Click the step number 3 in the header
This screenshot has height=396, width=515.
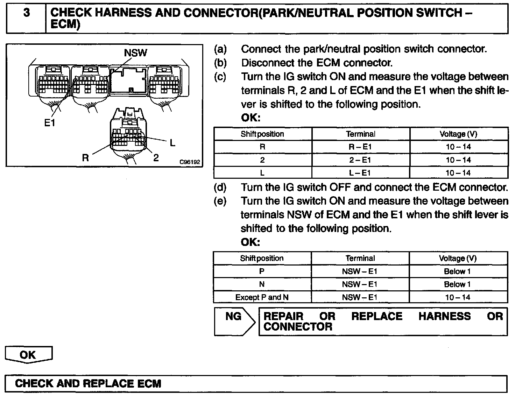[x=27, y=13]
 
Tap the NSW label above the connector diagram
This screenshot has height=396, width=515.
[x=135, y=53]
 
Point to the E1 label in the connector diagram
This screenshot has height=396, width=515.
[x=50, y=123]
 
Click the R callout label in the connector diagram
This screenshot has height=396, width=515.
[x=85, y=158]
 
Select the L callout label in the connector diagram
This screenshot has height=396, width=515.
[x=172, y=143]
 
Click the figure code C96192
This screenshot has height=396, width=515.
[x=189, y=162]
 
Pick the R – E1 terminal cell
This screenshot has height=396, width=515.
[x=360, y=147]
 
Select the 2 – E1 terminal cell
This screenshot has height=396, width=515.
[x=360, y=160]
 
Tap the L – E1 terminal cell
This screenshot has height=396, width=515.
[x=360, y=173]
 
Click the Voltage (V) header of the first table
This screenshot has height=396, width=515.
[x=458, y=134]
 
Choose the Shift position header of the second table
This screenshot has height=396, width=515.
[x=262, y=259]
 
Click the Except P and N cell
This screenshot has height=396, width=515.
[x=262, y=297]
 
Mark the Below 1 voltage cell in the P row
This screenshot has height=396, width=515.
[x=457, y=271]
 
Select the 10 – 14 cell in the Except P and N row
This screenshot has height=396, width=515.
[x=458, y=297]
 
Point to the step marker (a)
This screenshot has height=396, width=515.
[x=220, y=49]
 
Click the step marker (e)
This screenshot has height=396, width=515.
[x=220, y=201]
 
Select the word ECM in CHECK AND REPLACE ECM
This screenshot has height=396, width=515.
[x=149, y=383]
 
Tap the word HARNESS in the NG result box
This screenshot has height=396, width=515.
[x=444, y=316]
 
